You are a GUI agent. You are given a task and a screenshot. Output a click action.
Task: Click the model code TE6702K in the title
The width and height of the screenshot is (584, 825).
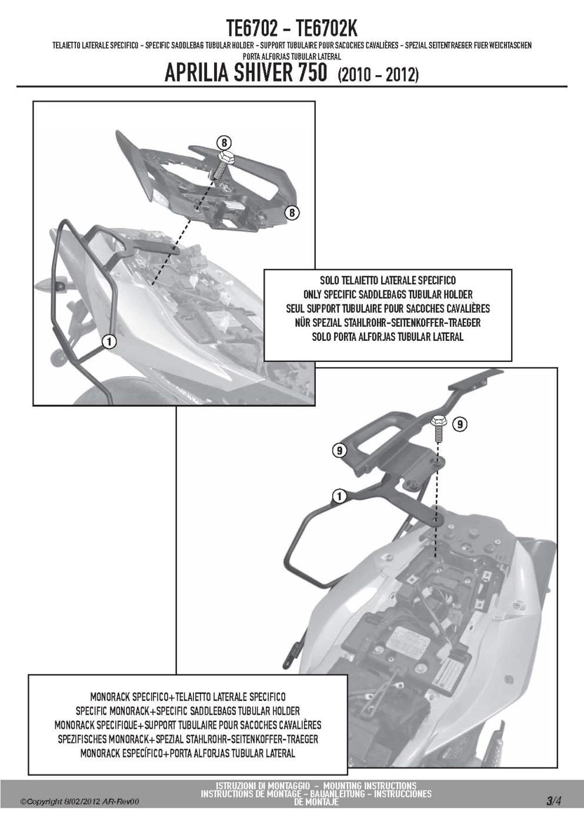326,28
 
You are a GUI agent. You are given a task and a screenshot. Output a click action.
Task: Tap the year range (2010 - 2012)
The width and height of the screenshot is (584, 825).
378,75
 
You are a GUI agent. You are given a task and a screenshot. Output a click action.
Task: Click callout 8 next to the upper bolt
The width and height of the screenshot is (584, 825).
223,143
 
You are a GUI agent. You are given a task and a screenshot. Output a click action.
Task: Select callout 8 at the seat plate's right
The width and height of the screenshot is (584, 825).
292,213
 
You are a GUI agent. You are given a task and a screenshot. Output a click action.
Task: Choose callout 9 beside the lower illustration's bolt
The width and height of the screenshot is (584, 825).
460,424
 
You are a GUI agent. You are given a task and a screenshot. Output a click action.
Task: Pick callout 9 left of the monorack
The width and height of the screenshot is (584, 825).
339,451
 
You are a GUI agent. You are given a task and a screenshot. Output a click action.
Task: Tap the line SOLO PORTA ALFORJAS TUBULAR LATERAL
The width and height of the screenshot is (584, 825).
388,337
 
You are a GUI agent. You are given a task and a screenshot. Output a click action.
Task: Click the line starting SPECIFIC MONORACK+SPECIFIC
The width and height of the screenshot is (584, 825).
188,711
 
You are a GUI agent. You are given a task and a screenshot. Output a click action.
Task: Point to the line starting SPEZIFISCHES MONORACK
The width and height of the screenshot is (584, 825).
188,739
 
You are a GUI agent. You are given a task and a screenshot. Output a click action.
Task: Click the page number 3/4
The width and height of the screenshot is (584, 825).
553,800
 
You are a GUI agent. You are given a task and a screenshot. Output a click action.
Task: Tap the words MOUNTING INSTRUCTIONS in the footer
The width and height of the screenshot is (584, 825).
369,786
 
